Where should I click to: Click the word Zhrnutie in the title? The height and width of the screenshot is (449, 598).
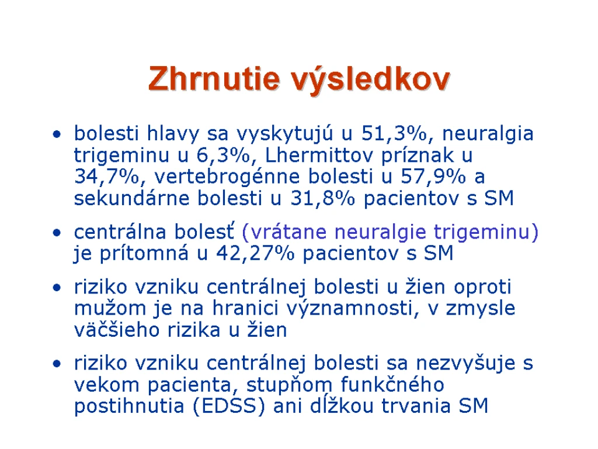(214, 78)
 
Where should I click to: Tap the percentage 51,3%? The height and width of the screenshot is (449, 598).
(394, 134)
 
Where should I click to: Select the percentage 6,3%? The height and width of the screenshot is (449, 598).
(224, 156)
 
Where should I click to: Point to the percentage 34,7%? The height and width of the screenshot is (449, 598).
(106, 177)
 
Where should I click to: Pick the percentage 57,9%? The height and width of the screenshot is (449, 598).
(433, 177)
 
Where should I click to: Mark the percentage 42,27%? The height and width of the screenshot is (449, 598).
(256, 253)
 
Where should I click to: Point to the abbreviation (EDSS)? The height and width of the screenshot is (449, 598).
(228, 406)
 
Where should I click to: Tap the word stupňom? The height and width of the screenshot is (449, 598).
(290, 385)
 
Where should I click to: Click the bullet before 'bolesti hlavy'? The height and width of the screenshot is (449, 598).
(57, 134)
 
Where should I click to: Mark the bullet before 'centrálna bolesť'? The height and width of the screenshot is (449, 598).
(57, 233)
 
